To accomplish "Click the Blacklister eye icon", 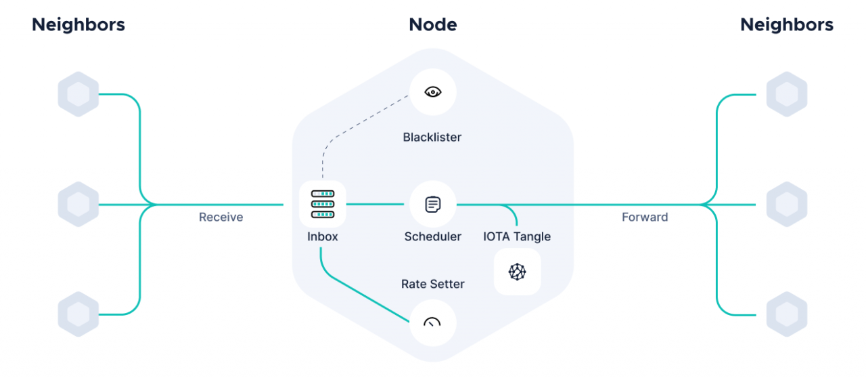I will [433, 92].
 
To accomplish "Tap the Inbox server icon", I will [323, 204].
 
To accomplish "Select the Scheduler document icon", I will [433, 204].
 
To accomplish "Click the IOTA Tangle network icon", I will [518, 272].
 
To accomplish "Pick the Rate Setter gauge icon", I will [433, 323].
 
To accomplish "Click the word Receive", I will [221, 217].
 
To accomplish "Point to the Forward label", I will [645, 217].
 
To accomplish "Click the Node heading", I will [433, 25].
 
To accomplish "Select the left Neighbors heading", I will [78, 25].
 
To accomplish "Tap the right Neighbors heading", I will [787, 25].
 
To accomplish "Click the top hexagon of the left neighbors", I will [78, 94].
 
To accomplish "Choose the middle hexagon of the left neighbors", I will [78, 204].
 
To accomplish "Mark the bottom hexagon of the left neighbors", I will [78, 314].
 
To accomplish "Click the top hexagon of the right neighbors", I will [787, 94].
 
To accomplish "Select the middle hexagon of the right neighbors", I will [787, 204].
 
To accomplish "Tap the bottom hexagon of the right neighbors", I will [787, 314].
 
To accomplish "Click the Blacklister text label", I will [432, 138].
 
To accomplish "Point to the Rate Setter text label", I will [433, 284].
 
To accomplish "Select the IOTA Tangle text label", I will [517, 236].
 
